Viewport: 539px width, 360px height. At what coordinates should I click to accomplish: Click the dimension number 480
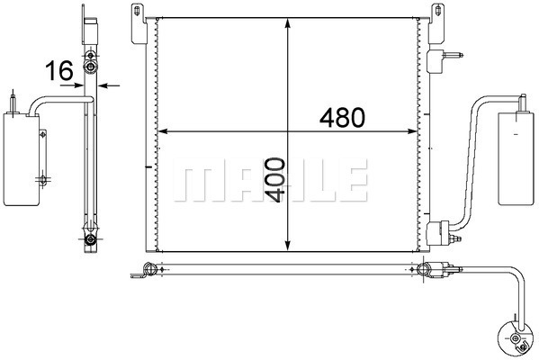pyautogui.click(x=342, y=117)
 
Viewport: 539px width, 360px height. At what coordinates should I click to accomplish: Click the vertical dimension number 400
pyautogui.click(x=276, y=180)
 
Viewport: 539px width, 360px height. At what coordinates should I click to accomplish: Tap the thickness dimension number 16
pyautogui.click(x=59, y=70)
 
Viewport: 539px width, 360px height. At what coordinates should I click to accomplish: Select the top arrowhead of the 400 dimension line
pyautogui.click(x=288, y=23)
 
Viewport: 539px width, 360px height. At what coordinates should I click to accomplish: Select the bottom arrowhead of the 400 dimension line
pyautogui.click(x=288, y=246)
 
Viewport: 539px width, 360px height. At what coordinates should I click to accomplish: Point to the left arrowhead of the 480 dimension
pyautogui.click(x=162, y=131)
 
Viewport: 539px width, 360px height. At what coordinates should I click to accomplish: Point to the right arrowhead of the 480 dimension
pyautogui.click(x=412, y=131)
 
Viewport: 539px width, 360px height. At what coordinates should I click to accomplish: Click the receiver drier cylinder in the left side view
pyautogui.click(x=21, y=159)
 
